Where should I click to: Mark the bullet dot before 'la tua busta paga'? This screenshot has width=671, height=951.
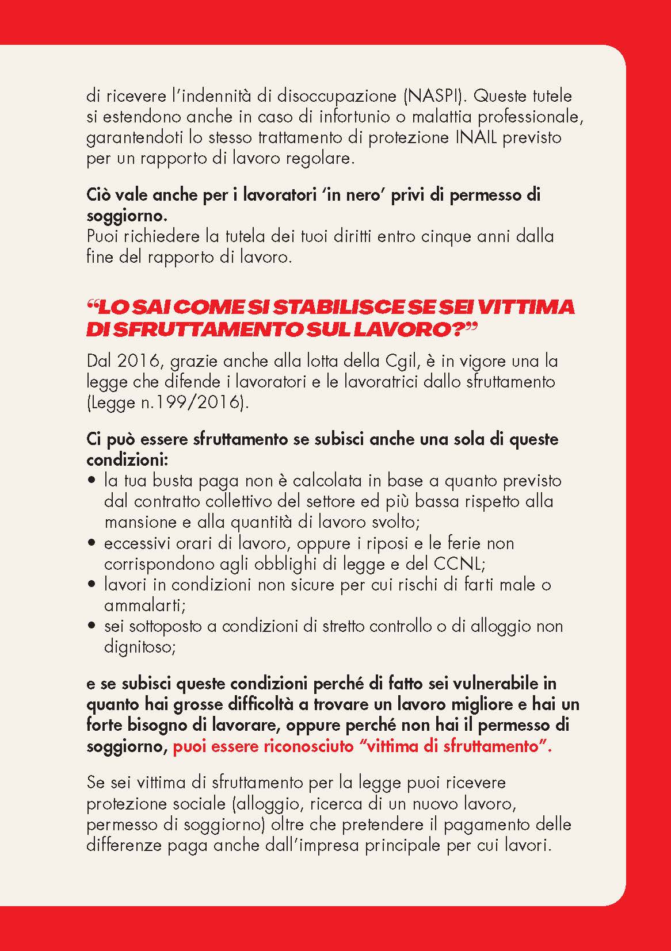pos(92,481)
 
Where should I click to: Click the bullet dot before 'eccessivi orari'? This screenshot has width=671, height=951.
pos(92,543)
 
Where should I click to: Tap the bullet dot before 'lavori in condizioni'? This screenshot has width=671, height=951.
pos(92,585)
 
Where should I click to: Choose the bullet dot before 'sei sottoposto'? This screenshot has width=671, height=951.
pos(92,626)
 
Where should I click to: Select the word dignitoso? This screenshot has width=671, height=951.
pos(138,647)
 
